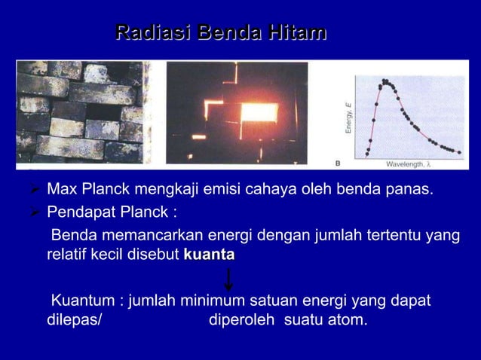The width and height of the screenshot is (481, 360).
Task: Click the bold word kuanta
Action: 208,255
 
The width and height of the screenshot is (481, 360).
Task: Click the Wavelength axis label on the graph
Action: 408,163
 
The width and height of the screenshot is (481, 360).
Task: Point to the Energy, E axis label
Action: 349,119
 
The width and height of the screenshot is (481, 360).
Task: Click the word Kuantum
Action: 82,302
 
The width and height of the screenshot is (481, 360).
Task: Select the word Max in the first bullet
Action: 61,188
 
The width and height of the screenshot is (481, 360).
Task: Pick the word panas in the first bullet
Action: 413,188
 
